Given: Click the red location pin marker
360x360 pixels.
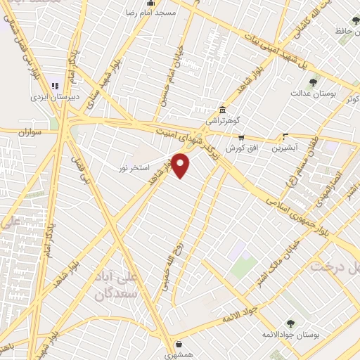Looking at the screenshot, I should (x=181, y=165).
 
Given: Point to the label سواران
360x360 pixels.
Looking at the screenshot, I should (x=31, y=131).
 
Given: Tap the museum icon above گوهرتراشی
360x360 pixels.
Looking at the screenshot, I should (x=222, y=110).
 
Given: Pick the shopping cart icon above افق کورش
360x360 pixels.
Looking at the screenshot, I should (x=241, y=137).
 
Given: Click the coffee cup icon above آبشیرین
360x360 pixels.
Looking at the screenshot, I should (x=285, y=136).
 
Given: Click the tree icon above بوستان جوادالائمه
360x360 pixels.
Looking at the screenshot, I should (x=290, y=323).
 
